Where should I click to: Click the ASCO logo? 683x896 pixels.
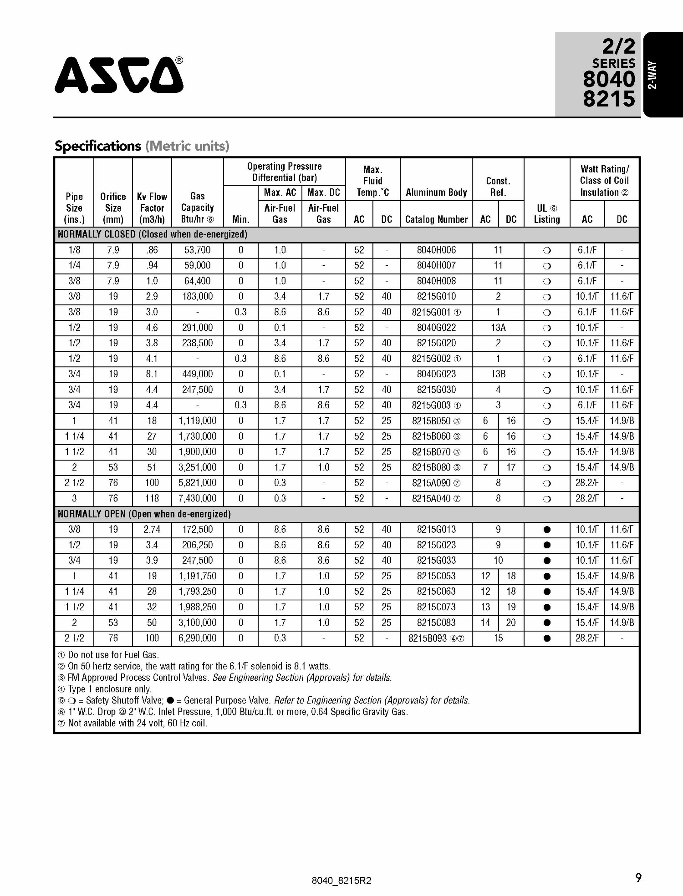click(x=119, y=75)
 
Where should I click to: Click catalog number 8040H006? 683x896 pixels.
click(x=436, y=250)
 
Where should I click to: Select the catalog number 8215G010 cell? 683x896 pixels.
click(x=436, y=296)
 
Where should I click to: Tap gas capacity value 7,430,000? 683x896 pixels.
click(x=197, y=498)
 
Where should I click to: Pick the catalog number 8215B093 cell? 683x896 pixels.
click(x=436, y=638)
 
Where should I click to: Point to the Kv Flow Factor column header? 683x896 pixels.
click(x=152, y=208)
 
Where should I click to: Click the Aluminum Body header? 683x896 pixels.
click(x=436, y=192)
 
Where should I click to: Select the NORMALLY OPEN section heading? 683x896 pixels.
click(x=144, y=514)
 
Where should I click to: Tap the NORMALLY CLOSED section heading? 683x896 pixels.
click(x=152, y=234)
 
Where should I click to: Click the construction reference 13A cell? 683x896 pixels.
click(x=498, y=328)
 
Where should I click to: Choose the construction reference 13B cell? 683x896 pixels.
click(x=498, y=374)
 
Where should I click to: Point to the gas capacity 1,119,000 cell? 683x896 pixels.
click(x=197, y=421)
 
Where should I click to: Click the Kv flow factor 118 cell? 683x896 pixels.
click(x=152, y=498)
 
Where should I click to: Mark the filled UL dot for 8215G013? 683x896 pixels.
click(x=547, y=530)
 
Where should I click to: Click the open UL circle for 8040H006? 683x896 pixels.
click(x=547, y=250)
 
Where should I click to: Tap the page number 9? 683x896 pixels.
click(x=638, y=877)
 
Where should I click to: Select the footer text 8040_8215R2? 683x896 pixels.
click(x=341, y=881)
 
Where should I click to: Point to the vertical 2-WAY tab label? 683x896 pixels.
click(x=652, y=75)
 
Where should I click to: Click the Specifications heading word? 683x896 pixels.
click(x=98, y=146)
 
